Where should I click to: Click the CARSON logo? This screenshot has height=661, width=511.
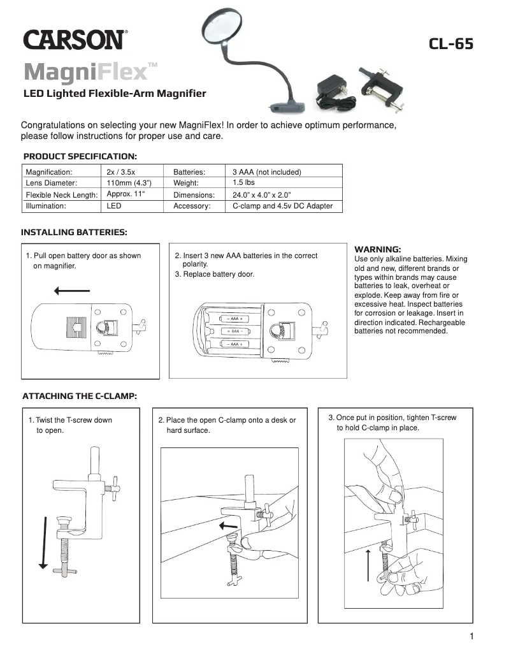(x=75, y=40)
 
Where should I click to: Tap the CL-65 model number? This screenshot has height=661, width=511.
(x=451, y=44)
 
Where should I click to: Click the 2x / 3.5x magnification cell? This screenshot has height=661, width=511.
(x=121, y=172)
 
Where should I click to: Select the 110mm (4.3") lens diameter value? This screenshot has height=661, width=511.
(x=129, y=183)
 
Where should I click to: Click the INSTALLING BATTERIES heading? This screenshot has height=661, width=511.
(x=74, y=232)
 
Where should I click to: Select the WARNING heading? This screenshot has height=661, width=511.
(x=377, y=249)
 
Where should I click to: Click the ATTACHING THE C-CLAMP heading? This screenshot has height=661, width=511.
(x=80, y=396)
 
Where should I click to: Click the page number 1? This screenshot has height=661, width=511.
(x=471, y=636)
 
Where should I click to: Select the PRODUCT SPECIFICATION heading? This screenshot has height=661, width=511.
(x=80, y=156)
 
